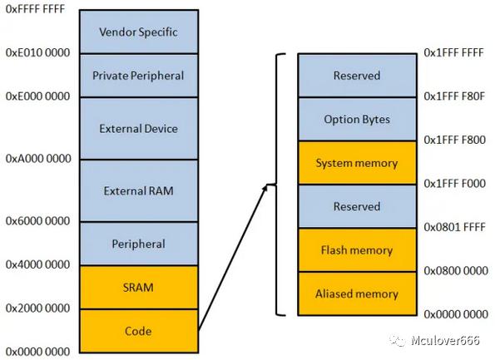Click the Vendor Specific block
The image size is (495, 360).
pos(139,32)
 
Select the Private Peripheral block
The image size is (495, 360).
pos(139,76)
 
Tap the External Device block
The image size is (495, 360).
pos(139,128)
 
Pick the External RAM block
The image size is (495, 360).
pos(139,190)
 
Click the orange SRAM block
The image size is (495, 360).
pos(139,287)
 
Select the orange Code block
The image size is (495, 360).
pos(139,331)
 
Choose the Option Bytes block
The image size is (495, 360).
pos(357,119)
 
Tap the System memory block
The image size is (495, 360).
pos(357,163)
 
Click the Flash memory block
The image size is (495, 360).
pos(357,250)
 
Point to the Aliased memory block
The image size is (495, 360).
pos(357,293)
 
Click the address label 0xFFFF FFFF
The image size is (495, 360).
pos(35,9)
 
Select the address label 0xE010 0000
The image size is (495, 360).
pos(38,52)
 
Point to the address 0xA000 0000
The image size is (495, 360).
pos(38,159)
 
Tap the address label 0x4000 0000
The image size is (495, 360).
pos(38,264)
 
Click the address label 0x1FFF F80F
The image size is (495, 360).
pos(454,96)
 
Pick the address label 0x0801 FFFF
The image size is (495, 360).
pos(454,227)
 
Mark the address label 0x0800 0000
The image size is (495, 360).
pos(456,270)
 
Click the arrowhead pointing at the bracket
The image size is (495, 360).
pos(265,188)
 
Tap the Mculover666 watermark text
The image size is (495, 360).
pos(445,340)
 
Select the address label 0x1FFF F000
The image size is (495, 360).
pos(454,183)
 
